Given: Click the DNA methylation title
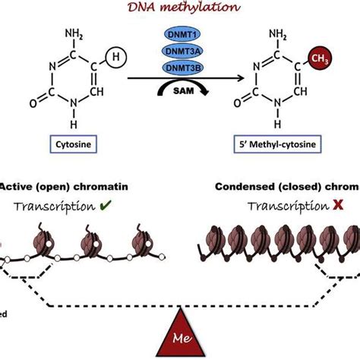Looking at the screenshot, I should click(x=179, y=7).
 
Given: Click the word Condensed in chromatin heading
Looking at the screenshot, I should click(x=244, y=187).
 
